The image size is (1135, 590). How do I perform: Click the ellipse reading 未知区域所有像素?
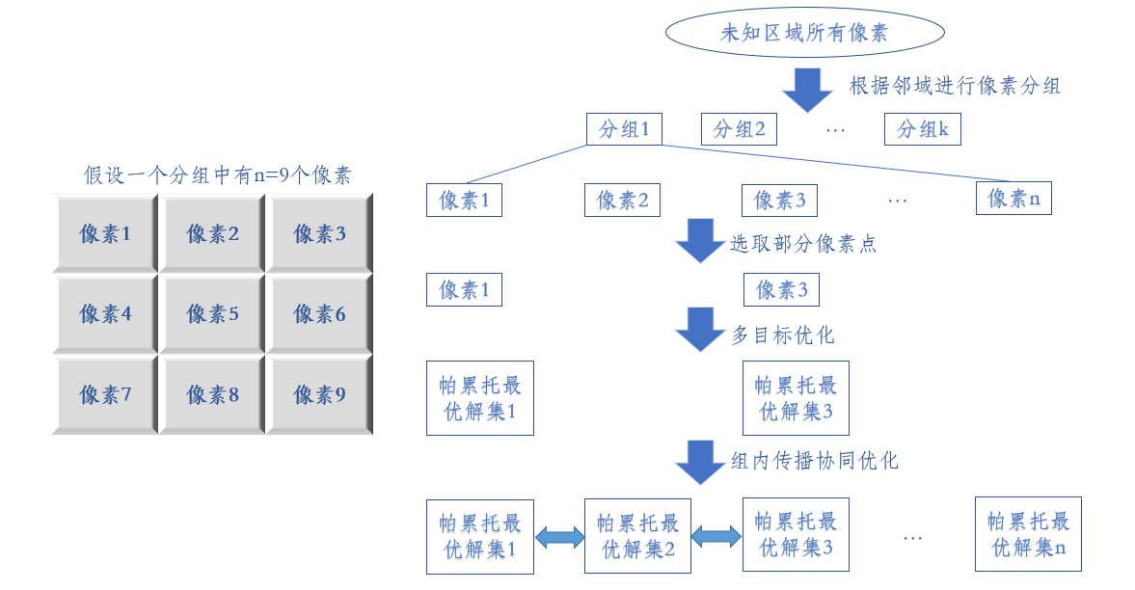[x=804, y=34]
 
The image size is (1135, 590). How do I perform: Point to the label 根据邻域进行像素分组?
[x=955, y=86]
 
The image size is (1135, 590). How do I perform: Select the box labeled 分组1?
[x=624, y=129]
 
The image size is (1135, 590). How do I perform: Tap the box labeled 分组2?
[x=739, y=129]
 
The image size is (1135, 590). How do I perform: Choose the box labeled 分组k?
[x=923, y=129]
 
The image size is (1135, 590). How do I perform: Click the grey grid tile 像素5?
[x=213, y=314]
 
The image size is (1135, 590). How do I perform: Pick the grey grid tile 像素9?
[x=320, y=395]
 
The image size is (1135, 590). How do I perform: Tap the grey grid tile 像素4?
[x=106, y=314]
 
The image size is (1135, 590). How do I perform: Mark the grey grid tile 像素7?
[x=106, y=395]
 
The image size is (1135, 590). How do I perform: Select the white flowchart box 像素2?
[x=622, y=201]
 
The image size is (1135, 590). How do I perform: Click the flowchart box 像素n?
[x=1013, y=199]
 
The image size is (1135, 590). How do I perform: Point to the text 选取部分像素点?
[x=802, y=244]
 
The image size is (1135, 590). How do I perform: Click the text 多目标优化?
[x=782, y=335]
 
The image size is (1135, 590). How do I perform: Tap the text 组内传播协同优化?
[x=815, y=461]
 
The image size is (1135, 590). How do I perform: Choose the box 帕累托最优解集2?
[x=637, y=536]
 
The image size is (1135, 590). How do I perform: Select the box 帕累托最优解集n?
[x=1028, y=535]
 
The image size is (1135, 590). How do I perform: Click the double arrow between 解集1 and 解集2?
[x=559, y=537]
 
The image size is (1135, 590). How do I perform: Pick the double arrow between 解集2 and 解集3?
[x=716, y=537]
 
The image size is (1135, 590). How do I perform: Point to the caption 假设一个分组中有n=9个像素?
[x=218, y=175]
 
